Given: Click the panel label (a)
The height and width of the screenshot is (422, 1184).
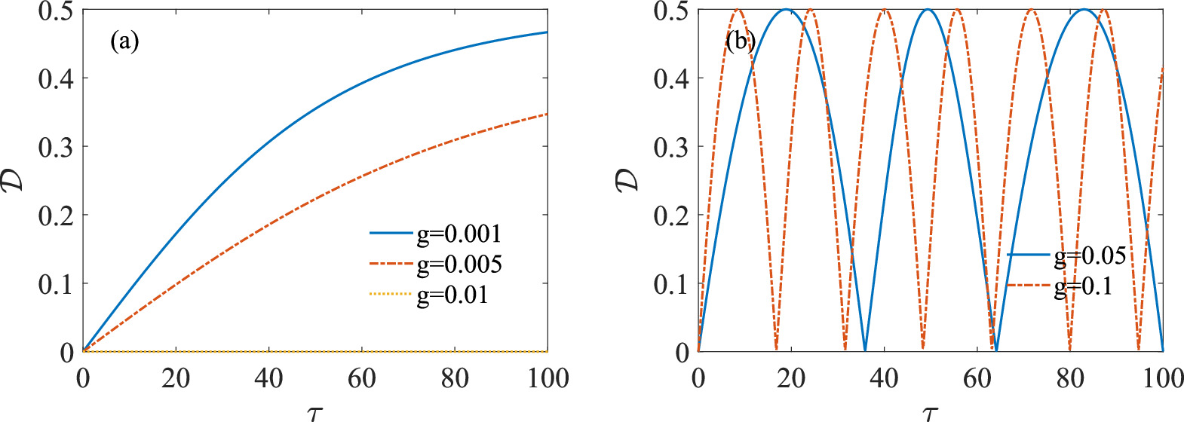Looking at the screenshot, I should (x=124, y=41).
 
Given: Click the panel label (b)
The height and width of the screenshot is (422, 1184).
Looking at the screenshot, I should (x=740, y=41).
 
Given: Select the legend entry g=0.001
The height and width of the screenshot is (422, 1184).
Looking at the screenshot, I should (x=459, y=234).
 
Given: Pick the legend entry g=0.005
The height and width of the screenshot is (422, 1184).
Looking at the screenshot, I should (x=459, y=264).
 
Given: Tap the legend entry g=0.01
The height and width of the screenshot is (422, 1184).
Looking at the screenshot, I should (x=452, y=295).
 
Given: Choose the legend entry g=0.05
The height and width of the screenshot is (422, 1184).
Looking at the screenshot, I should (x=1090, y=256).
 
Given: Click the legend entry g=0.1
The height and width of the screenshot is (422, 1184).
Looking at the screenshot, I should (x=1083, y=286).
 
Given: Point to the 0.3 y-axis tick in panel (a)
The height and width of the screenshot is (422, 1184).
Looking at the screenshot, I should (x=56, y=147).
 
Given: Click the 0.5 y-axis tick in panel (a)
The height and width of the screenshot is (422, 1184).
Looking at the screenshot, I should (x=56, y=11).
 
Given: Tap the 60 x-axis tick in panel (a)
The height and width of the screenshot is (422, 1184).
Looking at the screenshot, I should (x=362, y=378).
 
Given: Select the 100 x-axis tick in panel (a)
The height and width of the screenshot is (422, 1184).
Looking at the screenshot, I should (x=548, y=378).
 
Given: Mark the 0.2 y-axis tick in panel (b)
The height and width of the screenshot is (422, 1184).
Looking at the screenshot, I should (x=671, y=216).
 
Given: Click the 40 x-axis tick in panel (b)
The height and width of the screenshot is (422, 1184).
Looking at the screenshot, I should (x=884, y=378).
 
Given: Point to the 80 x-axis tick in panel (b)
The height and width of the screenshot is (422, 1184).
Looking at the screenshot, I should (x=1070, y=378).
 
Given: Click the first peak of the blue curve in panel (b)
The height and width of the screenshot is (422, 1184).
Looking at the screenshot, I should (x=787, y=10).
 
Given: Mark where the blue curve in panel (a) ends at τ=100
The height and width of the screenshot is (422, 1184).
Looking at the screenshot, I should (x=547, y=32).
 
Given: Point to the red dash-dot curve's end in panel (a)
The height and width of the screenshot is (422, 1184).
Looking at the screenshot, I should (x=547, y=115).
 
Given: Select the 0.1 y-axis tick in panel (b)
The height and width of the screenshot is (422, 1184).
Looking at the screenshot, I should (x=671, y=284).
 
